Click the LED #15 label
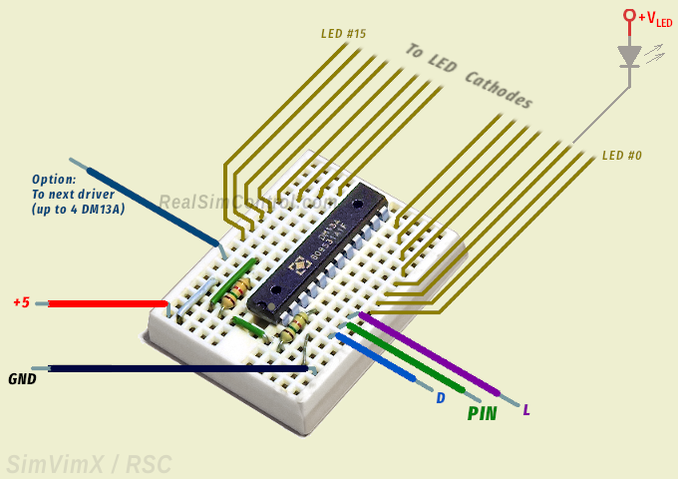(x=343, y=34)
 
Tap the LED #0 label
(x=622, y=156)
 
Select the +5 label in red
(x=21, y=302)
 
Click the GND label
(x=22, y=379)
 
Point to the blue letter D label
(x=440, y=397)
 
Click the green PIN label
(x=482, y=413)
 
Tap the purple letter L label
(x=526, y=410)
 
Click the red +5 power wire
(x=105, y=303)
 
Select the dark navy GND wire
(x=169, y=369)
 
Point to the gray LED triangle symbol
(x=629, y=56)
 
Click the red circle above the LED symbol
(x=629, y=15)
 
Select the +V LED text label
(x=655, y=18)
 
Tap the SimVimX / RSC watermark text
(x=89, y=464)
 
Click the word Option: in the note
(x=54, y=180)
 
